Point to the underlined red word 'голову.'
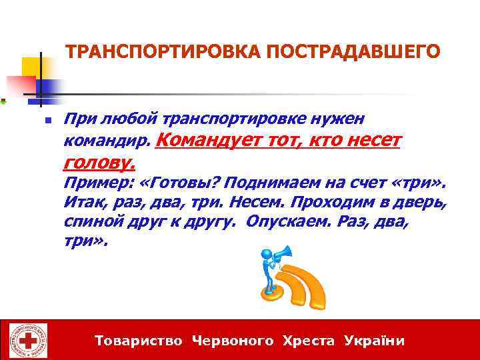[100, 161]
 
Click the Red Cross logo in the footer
[29, 341]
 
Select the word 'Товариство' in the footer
[139, 341]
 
